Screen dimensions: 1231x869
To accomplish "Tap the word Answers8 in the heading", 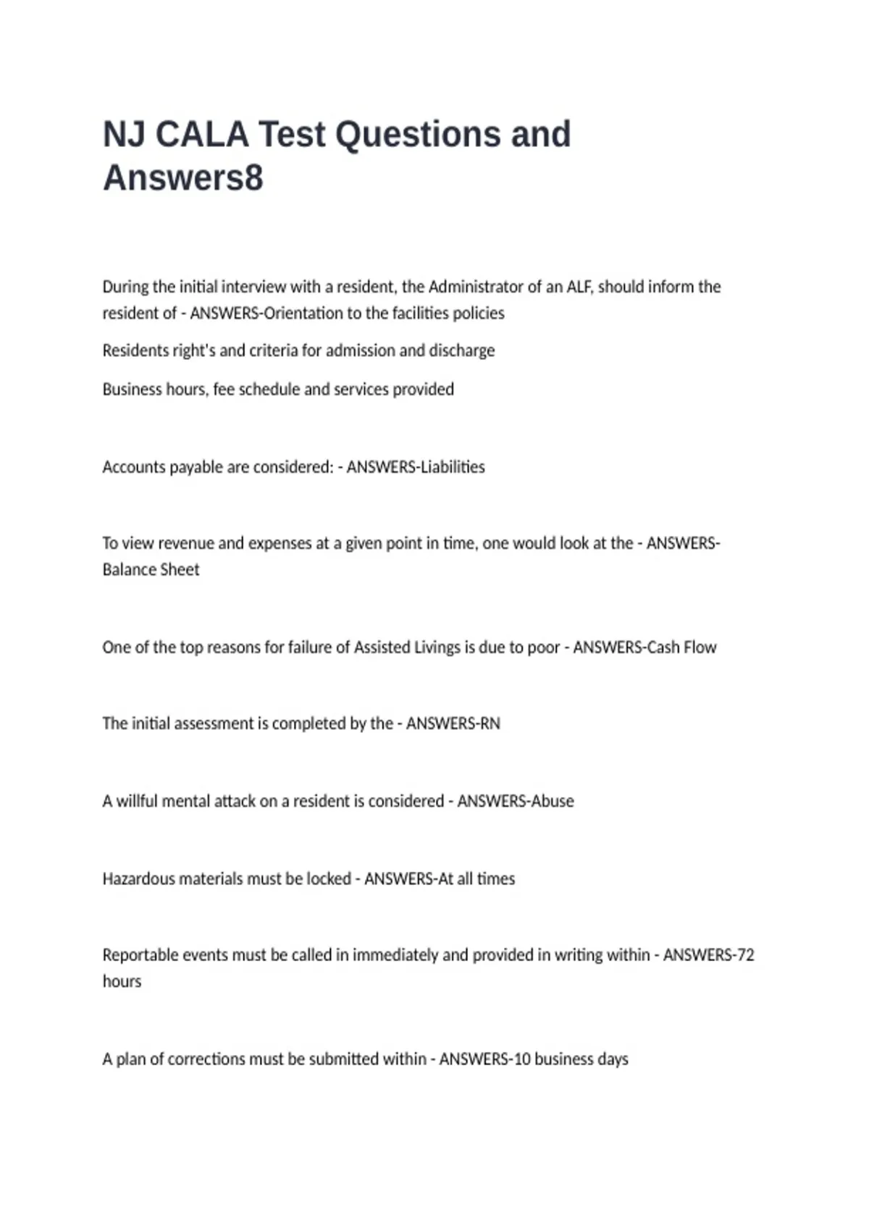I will point(183,178).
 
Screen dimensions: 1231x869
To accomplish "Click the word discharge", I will point(462,350).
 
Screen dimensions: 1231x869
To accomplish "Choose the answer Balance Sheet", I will point(151,570).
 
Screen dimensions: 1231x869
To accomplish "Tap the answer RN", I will point(490,723).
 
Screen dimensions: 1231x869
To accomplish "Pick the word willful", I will point(137,801).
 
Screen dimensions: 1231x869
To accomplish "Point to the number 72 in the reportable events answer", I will point(744,955).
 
